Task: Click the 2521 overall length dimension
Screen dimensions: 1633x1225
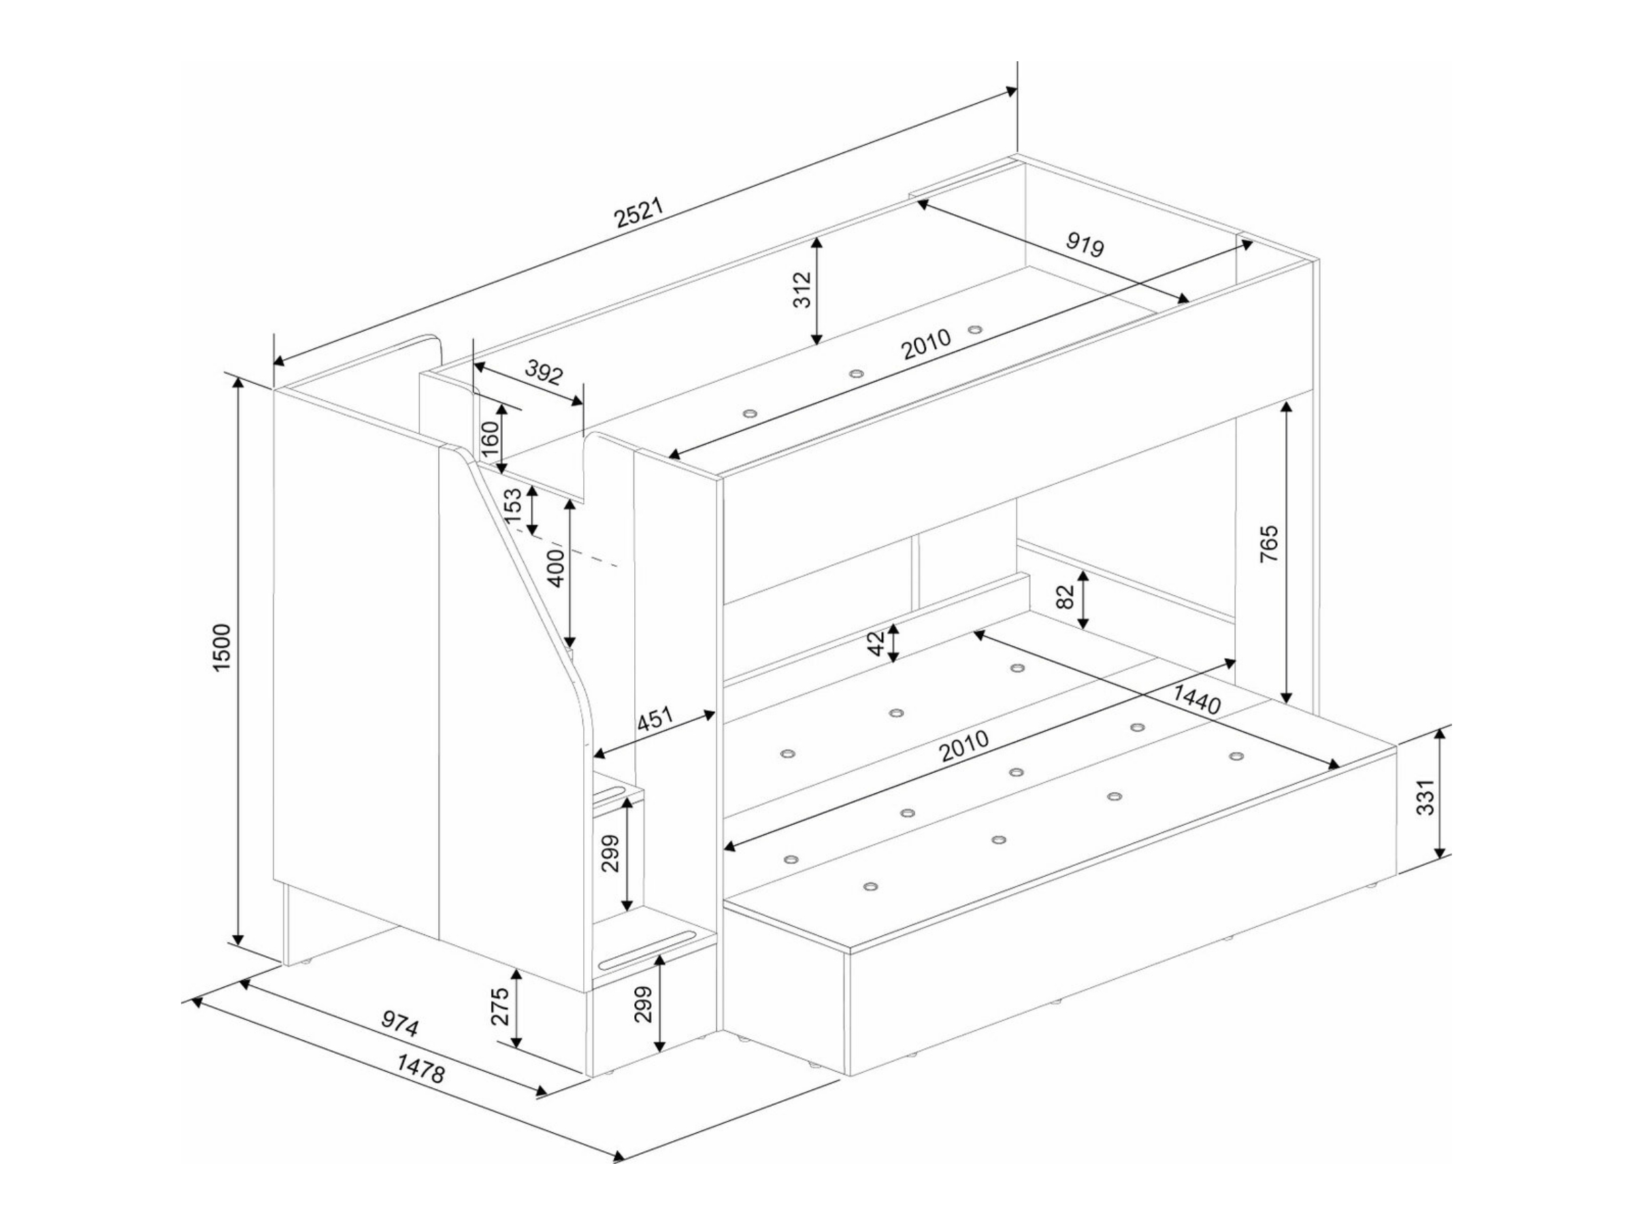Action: tap(640, 214)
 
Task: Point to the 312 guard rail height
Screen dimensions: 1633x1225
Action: tap(802, 290)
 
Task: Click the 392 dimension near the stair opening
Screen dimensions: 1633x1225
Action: tap(544, 374)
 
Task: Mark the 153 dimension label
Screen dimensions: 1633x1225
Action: tap(513, 505)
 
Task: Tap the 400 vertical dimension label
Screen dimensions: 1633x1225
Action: tap(557, 568)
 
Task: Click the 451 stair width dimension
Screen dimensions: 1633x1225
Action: tap(655, 720)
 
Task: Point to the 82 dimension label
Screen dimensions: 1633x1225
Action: tap(1066, 598)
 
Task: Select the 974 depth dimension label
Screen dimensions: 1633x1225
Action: tap(400, 1024)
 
